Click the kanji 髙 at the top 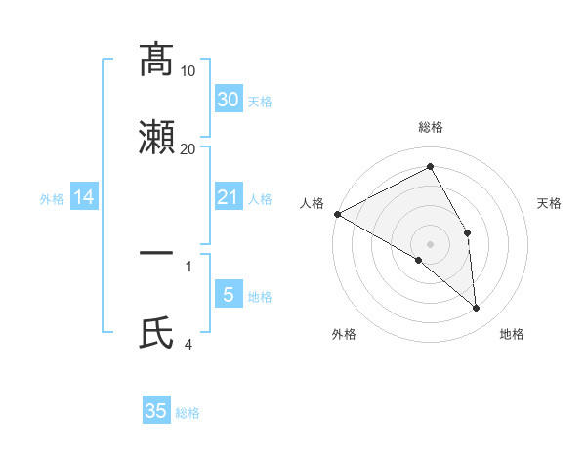pyautogui.click(x=156, y=60)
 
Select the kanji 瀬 pyautogui.click(x=156, y=137)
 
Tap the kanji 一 pyautogui.click(x=156, y=254)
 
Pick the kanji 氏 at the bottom pyautogui.click(x=156, y=332)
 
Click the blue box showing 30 pyautogui.click(x=228, y=100)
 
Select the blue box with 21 pyautogui.click(x=228, y=198)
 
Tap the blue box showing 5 pyautogui.click(x=228, y=295)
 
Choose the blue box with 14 pyautogui.click(x=84, y=198)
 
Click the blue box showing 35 pyautogui.click(x=156, y=411)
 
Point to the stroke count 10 pyautogui.click(x=188, y=71)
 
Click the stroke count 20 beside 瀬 pyautogui.click(x=188, y=148)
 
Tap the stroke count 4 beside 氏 pyautogui.click(x=188, y=344)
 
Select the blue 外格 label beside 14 pyautogui.click(x=52, y=199)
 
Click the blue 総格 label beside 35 pyautogui.click(x=188, y=413)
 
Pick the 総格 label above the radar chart pyautogui.click(x=431, y=127)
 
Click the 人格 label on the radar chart pyautogui.click(x=312, y=203)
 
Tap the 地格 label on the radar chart pyautogui.click(x=512, y=334)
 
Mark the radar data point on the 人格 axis pyautogui.click(x=337, y=214)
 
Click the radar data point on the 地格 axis pyautogui.click(x=477, y=308)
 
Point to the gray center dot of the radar pyautogui.click(x=431, y=243)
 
